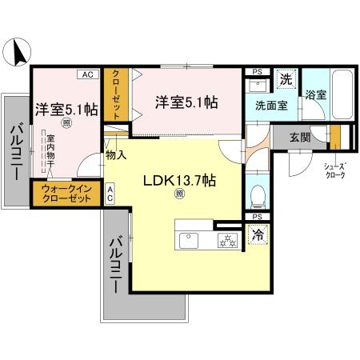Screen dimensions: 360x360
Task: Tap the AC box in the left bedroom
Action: tap(86, 74)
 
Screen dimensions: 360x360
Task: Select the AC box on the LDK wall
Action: tap(110, 192)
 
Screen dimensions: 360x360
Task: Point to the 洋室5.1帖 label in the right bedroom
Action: tap(186, 102)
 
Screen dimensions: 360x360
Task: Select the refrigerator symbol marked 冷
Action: tap(258, 235)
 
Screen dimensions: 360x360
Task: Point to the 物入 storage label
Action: tap(115, 154)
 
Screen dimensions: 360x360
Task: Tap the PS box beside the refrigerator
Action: tap(258, 217)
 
